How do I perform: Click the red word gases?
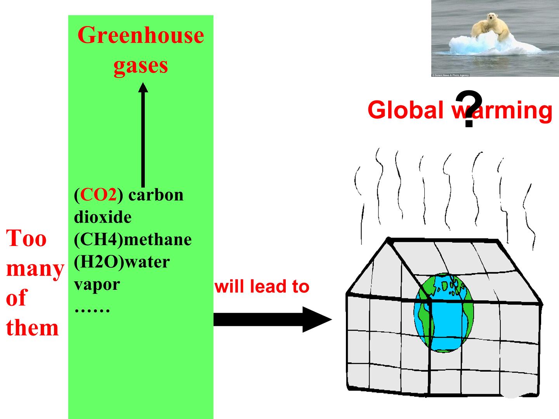pos(141,66)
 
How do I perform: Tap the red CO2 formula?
pos(98,195)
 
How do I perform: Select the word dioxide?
pos(102,218)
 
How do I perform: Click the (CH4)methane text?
pos(133,240)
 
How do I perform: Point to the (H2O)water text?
pos(122,262)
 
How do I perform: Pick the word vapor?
pos(97,285)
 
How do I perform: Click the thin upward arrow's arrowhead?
pos(143,88)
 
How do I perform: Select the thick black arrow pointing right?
pos(273,320)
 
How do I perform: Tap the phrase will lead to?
pos(262,286)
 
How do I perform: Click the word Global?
pos(406,109)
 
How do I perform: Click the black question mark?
pos(469,108)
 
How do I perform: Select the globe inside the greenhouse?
pos(444,313)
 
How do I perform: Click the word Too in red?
pos(26,238)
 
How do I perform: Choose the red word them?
pos(32,328)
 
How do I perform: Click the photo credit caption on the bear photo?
pos(450,75)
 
